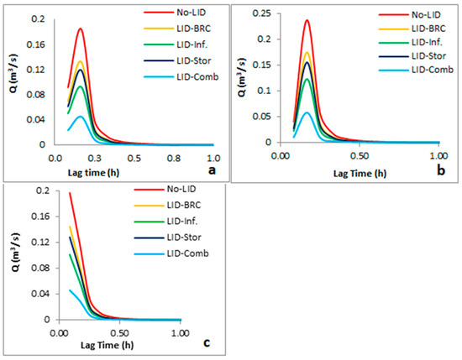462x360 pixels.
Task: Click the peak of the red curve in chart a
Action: coord(81,29)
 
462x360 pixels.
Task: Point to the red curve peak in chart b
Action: coord(307,20)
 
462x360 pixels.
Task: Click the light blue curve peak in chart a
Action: coord(81,117)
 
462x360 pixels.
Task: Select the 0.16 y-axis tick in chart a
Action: coord(36,43)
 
